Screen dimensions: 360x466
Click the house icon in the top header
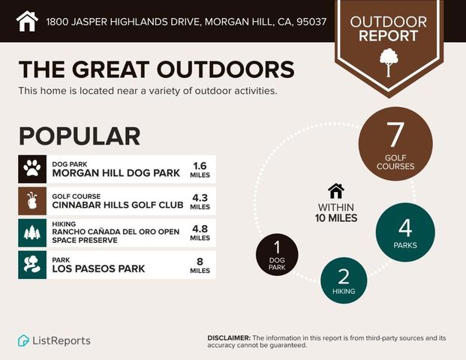point(27,21)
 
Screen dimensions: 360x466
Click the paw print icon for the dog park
point(32,169)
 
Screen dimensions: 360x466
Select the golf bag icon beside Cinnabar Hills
point(32,202)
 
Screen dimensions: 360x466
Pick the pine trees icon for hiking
point(32,233)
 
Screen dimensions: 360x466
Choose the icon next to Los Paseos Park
point(32,265)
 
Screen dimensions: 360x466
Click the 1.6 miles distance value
point(200,169)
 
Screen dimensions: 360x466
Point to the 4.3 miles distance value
point(200,202)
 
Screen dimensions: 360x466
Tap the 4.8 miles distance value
point(200,233)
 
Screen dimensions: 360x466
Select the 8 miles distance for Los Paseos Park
point(200,265)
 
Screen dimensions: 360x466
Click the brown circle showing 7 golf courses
point(395,143)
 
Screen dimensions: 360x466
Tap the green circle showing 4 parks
point(405,232)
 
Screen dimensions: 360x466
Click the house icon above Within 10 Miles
point(335,191)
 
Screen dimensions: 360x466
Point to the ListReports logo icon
point(24,340)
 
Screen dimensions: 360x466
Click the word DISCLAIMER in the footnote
point(229,338)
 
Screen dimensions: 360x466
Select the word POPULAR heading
point(80,136)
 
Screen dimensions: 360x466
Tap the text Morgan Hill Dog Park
point(116,173)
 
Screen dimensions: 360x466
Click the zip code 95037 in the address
point(311,22)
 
